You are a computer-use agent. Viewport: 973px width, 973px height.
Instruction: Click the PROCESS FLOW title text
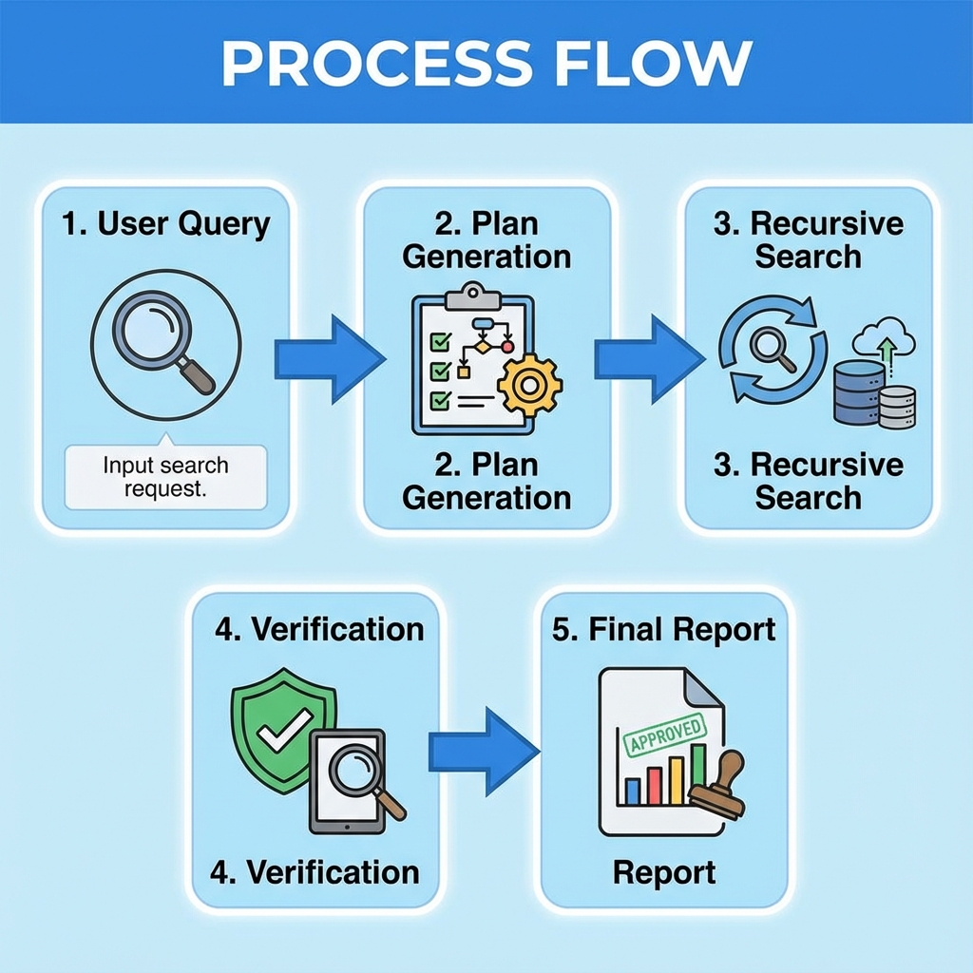(486, 63)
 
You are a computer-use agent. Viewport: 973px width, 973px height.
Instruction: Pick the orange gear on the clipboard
(529, 383)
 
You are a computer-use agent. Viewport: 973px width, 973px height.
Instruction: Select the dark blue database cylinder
(858, 391)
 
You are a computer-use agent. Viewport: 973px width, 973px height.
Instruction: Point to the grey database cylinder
(897, 407)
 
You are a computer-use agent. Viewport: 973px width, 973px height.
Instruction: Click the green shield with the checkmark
(283, 728)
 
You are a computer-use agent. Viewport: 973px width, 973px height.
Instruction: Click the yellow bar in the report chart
(676, 780)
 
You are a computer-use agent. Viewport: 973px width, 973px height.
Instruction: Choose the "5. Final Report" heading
(664, 629)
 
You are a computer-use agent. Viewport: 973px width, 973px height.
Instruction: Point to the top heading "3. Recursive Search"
(808, 239)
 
